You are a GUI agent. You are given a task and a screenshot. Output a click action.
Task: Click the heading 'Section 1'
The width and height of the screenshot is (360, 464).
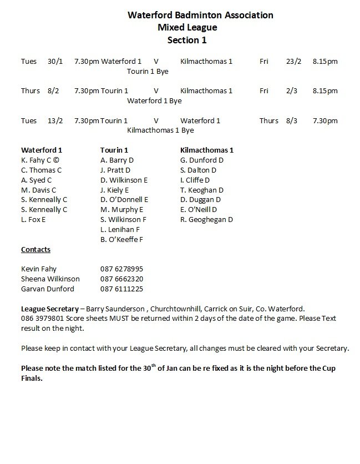(186, 39)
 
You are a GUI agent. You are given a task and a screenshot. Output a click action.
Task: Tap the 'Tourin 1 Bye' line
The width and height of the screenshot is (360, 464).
(148, 71)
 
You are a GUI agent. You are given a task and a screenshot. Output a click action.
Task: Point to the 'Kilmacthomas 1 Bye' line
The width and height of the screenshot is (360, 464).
(160, 130)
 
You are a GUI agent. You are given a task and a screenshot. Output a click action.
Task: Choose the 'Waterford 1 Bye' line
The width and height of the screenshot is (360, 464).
(154, 100)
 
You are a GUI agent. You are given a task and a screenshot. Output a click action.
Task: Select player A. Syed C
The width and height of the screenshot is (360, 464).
(37, 180)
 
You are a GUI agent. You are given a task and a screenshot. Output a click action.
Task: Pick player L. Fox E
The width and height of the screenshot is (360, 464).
(33, 220)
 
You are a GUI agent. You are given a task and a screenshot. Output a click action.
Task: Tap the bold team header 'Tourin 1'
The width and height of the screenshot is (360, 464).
(114, 150)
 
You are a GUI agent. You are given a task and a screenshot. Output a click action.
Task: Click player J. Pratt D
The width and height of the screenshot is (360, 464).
(115, 170)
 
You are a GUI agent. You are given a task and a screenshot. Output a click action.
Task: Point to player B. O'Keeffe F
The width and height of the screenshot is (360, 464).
(122, 240)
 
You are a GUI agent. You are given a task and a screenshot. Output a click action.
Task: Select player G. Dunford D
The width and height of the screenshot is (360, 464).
(202, 160)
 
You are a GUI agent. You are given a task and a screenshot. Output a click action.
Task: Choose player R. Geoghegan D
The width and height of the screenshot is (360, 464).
(207, 220)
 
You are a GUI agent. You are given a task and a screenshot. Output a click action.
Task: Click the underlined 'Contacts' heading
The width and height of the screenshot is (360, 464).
(36, 250)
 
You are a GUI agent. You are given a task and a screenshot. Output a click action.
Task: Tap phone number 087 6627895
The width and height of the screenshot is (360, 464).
(121, 269)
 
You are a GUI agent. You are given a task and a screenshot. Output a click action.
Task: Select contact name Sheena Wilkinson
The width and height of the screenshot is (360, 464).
(50, 279)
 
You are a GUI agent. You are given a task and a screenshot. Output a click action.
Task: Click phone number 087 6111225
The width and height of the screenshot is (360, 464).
(121, 289)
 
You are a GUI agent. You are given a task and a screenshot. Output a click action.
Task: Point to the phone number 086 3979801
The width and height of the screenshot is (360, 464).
(41, 319)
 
